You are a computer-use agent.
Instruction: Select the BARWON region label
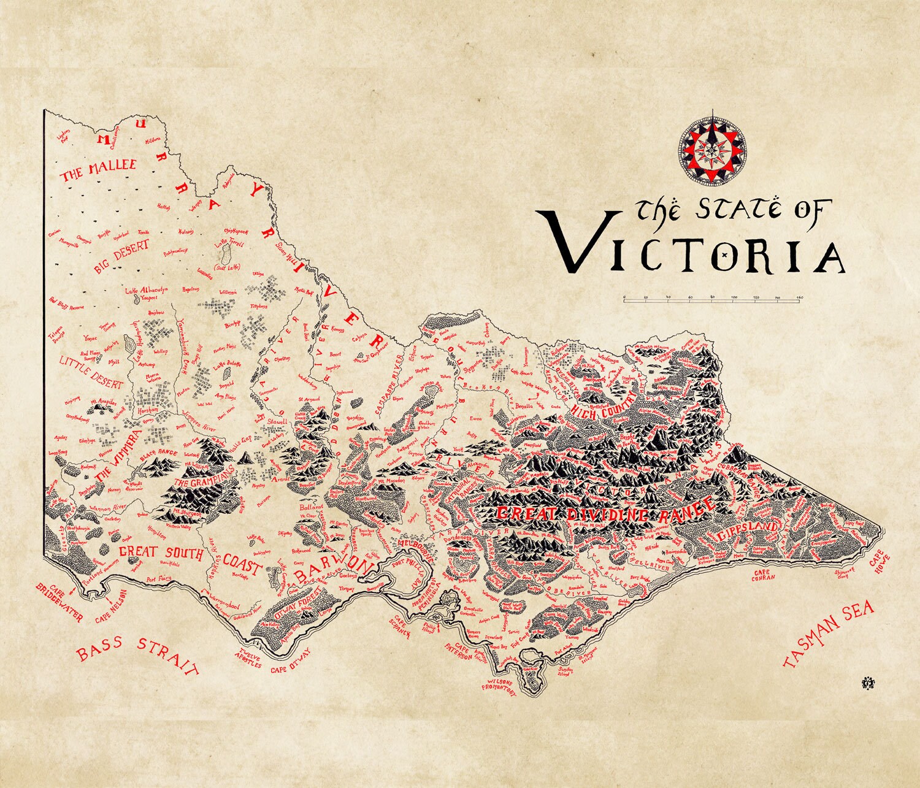[x=331, y=570]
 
